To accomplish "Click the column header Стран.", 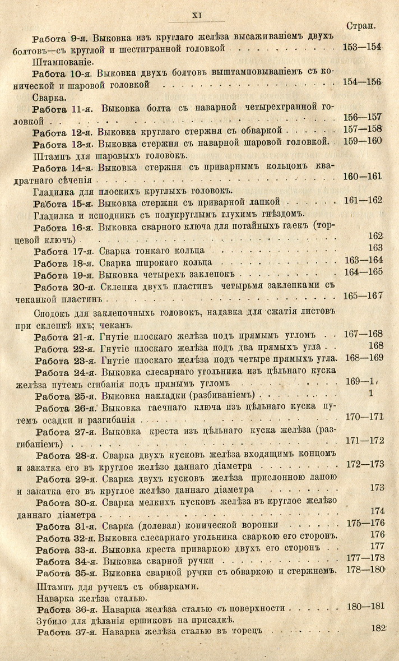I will pos(361,26).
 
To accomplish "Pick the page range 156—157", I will pos(362,117).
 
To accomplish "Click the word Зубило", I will pos(51,620).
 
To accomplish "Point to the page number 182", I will pos(379,629).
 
